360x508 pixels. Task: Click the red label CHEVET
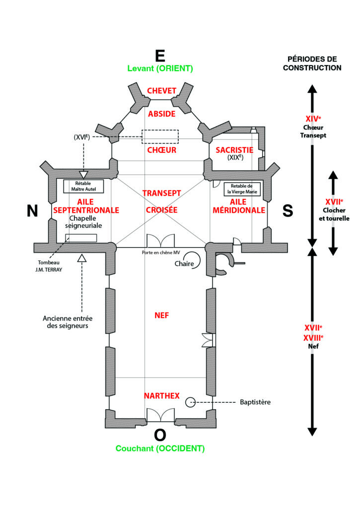point(162,90)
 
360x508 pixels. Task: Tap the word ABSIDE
point(162,114)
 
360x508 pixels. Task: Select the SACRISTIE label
point(235,150)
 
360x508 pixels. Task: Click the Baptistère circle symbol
point(190,402)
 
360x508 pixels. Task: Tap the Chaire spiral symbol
point(195,260)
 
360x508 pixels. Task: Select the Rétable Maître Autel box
point(83,186)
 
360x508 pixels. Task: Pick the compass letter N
point(32,211)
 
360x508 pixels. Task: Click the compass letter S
point(288,211)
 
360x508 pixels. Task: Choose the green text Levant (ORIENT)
point(160,68)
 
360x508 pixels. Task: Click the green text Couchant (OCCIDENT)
point(160,448)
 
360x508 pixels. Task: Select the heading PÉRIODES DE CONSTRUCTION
point(312,63)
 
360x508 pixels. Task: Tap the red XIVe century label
point(312,119)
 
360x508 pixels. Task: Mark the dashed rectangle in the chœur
point(160,137)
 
